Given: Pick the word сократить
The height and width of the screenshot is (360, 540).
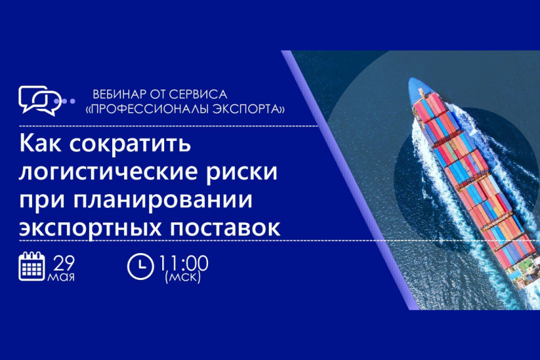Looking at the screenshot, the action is [x=130, y=143].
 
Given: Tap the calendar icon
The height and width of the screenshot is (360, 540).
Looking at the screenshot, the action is [x=32, y=266].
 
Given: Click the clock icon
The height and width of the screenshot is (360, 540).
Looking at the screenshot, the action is [x=140, y=266].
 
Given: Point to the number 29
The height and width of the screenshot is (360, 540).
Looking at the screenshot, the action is [x=64, y=264].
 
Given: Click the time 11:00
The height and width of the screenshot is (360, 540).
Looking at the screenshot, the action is [x=184, y=264].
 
